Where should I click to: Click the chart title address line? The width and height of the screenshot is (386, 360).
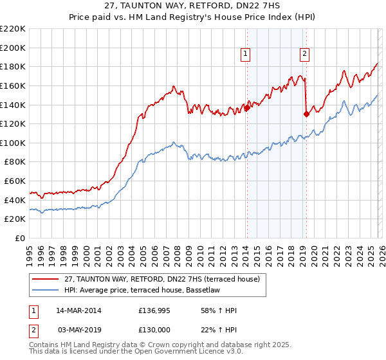click(x=192, y=6)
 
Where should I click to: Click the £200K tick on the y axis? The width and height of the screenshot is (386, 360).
click(x=13, y=48)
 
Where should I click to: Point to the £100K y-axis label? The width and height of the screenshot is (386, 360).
click(x=13, y=143)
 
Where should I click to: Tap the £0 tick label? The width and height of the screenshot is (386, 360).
click(x=19, y=238)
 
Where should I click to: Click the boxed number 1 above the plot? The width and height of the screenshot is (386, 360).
click(x=246, y=55)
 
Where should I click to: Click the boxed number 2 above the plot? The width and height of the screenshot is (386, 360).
click(x=304, y=55)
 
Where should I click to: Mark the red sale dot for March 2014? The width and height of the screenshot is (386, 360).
click(x=247, y=108)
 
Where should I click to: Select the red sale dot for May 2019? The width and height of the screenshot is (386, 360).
click(x=306, y=114)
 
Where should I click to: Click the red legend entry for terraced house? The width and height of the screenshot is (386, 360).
click(x=161, y=278)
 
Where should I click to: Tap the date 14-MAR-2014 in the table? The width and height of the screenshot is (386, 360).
click(x=78, y=310)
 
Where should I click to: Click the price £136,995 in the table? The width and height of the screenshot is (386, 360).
click(x=152, y=310)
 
